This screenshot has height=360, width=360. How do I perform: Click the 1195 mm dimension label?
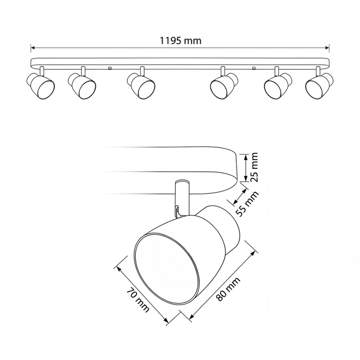[x=180, y=41]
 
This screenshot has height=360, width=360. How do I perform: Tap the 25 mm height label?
[x=254, y=168]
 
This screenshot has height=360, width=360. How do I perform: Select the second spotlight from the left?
[x=83, y=85]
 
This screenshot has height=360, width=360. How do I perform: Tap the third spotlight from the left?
[x=141, y=85]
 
